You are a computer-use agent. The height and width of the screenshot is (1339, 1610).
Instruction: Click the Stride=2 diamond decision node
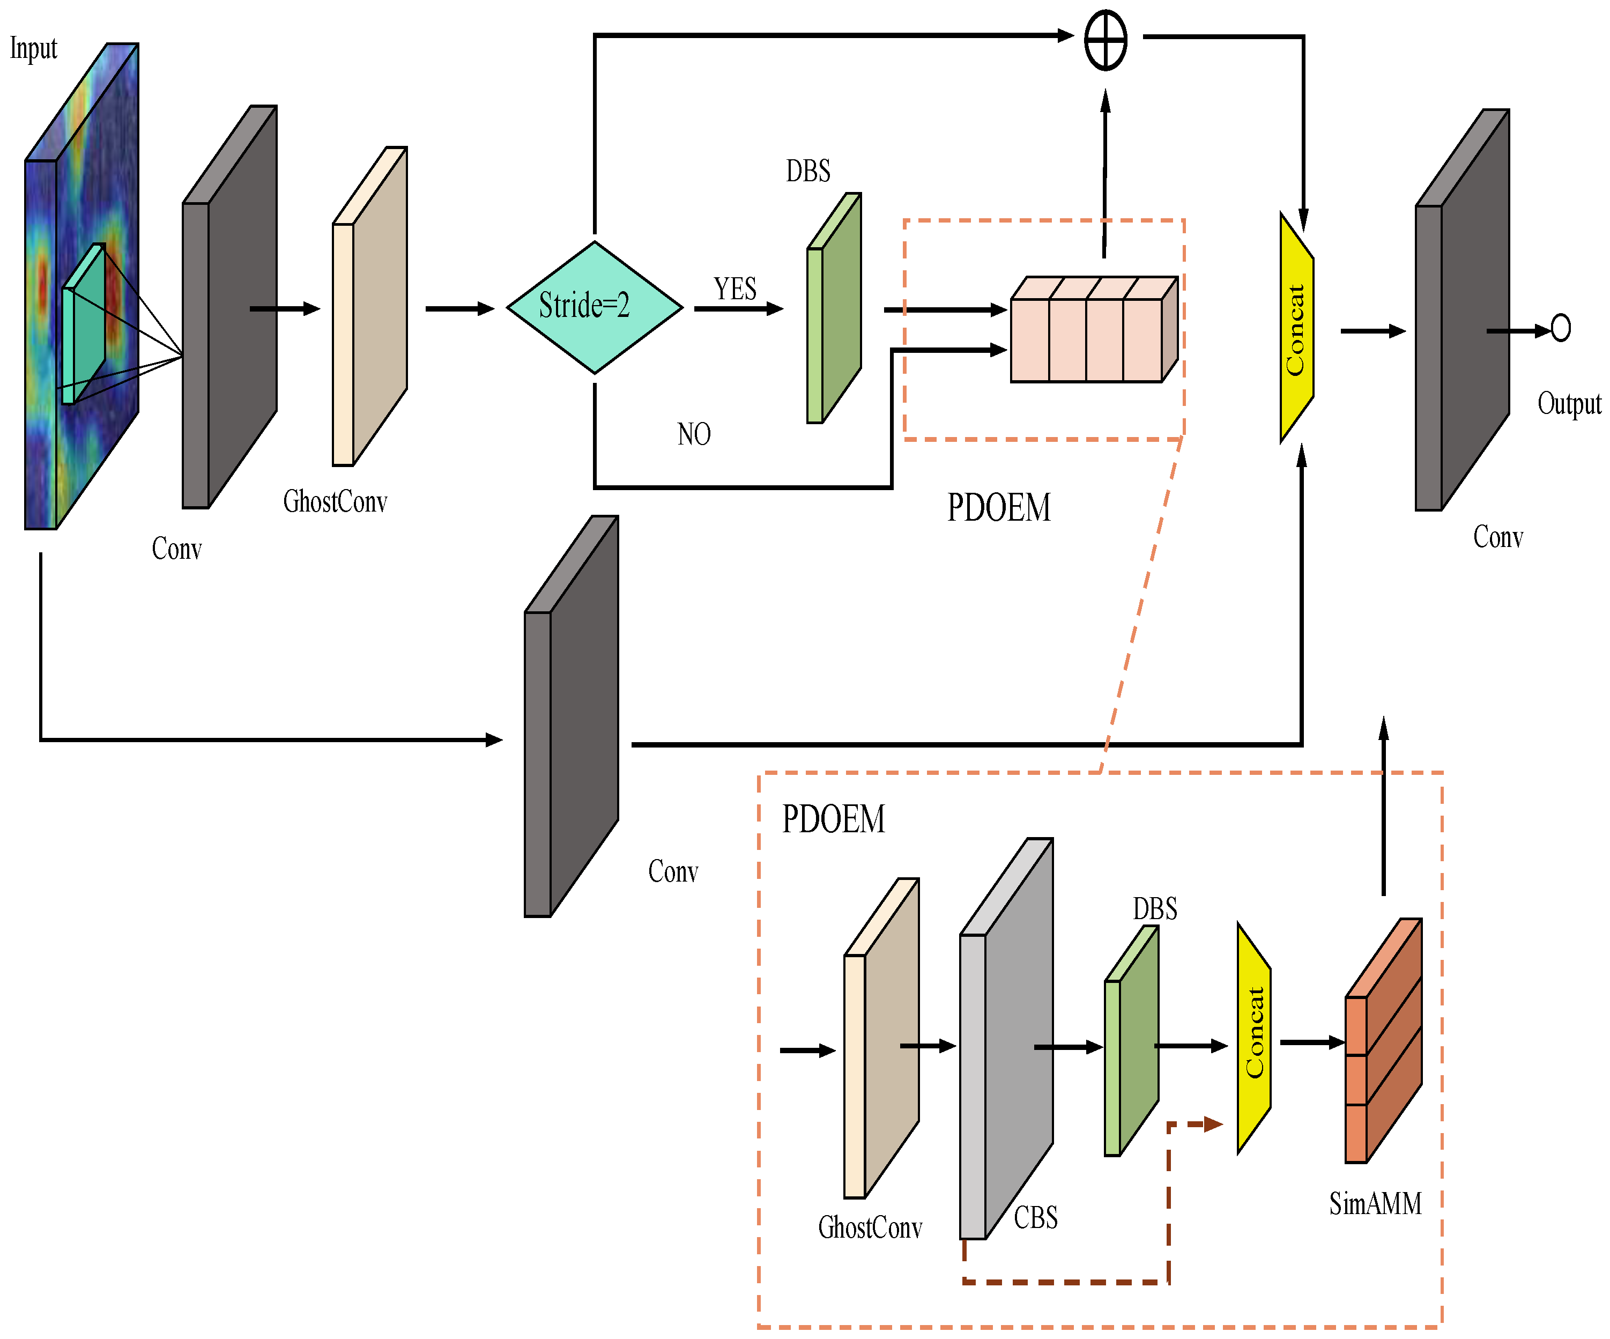coord(594,307)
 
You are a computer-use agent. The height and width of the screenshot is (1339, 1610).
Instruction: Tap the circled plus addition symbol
coord(1106,40)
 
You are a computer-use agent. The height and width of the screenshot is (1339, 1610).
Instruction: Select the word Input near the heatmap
coord(34,48)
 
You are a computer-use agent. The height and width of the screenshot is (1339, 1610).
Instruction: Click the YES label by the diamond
coord(734,289)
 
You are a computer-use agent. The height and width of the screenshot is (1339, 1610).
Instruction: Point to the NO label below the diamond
coord(694,434)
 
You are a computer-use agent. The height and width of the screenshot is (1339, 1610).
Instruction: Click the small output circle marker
coord(1560,328)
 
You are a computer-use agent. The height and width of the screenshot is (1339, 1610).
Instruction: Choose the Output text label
coord(1569,403)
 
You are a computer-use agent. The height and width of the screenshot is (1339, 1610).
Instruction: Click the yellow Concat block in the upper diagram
coord(1296,328)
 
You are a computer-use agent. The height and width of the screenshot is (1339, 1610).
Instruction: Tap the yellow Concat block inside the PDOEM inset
coord(1253,1037)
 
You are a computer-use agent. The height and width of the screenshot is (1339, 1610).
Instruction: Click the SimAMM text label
coord(1375,1203)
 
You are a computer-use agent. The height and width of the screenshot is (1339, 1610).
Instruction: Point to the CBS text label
coord(1035,1217)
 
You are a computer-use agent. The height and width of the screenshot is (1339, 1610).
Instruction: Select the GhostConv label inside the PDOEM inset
coord(870,1227)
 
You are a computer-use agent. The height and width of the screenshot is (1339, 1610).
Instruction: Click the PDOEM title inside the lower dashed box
coord(833,819)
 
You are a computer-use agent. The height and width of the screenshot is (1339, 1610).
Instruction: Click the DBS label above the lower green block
coord(1155,909)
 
